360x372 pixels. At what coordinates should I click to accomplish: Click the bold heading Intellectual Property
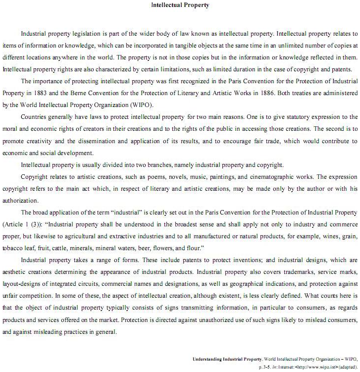(x=180, y=5)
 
